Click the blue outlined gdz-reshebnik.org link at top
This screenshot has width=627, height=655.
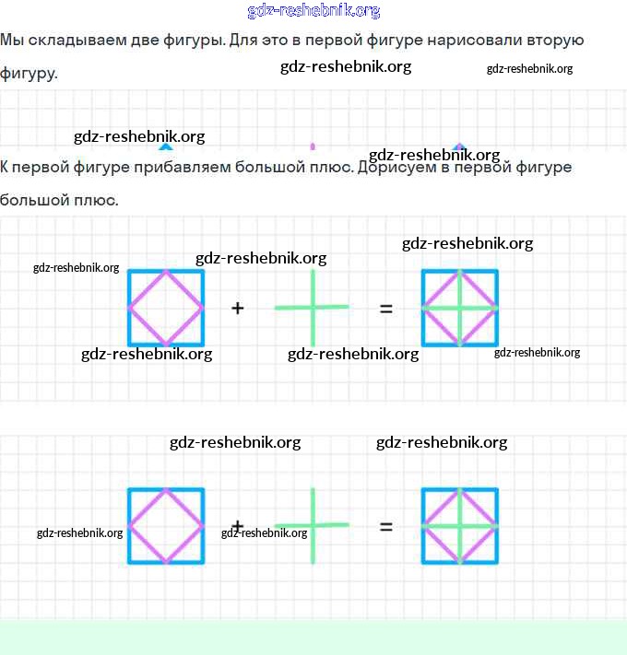pyautogui.click(x=313, y=11)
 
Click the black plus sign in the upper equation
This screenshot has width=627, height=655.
pyautogui.click(x=237, y=309)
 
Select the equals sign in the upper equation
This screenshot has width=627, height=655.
pyautogui.click(x=385, y=310)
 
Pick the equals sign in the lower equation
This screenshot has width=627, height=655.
pyautogui.click(x=385, y=526)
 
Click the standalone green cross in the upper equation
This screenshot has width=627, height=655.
pyautogui.click(x=313, y=308)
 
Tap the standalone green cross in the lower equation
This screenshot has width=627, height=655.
pyautogui.click(x=313, y=525)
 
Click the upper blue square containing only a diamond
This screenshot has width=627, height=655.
pyautogui.click(x=129, y=308)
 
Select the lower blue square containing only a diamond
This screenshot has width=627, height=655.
pyautogui.click(x=129, y=526)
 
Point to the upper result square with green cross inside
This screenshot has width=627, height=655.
pyautogui.click(x=423, y=308)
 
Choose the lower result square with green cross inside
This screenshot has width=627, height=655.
pyautogui.click(x=423, y=526)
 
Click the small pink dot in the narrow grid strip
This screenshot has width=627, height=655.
pyautogui.click(x=313, y=146)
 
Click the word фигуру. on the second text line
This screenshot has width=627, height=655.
pyautogui.click(x=29, y=74)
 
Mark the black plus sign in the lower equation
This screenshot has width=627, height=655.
pyautogui.click(x=237, y=525)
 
